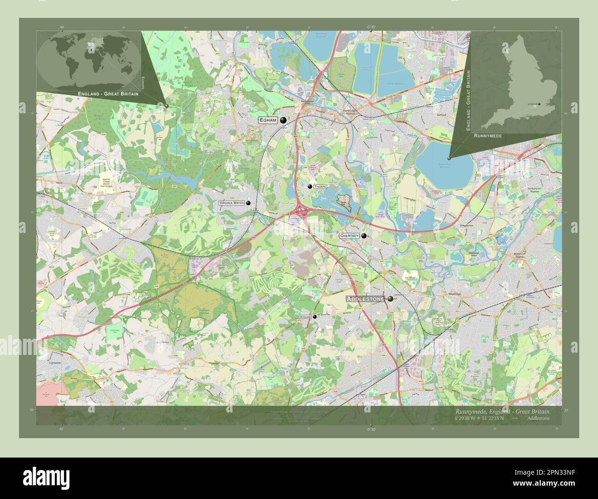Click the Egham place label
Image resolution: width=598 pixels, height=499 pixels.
pyautogui.click(x=269, y=120)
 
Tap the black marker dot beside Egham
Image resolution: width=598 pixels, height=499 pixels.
pyautogui.click(x=283, y=120)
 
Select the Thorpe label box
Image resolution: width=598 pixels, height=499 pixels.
pyautogui.click(x=320, y=187)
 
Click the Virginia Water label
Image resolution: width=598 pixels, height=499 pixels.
pyautogui.click(x=232, y=203)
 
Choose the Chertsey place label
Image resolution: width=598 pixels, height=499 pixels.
pyautogui.click(x=349, y=236)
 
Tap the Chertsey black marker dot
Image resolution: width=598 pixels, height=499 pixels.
pyautogui.click(x=364, y=236)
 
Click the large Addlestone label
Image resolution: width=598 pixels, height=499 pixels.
pyautogui.click(x=366, y=299)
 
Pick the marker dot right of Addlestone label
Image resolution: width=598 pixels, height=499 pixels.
pyautogui.click(x=390, y=299)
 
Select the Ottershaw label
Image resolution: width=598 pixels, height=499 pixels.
pyautogui.click(x=304, y=317)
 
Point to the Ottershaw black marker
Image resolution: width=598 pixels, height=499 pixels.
pyautogui.click(x=315, y=317)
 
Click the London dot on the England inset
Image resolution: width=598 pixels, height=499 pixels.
pyautogui.click(x=540, y=104)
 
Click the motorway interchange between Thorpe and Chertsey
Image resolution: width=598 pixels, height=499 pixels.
pyautogui.click(x=302, y=211)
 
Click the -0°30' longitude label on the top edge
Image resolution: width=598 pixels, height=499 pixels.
pyautogui.click(x=370, y=28)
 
